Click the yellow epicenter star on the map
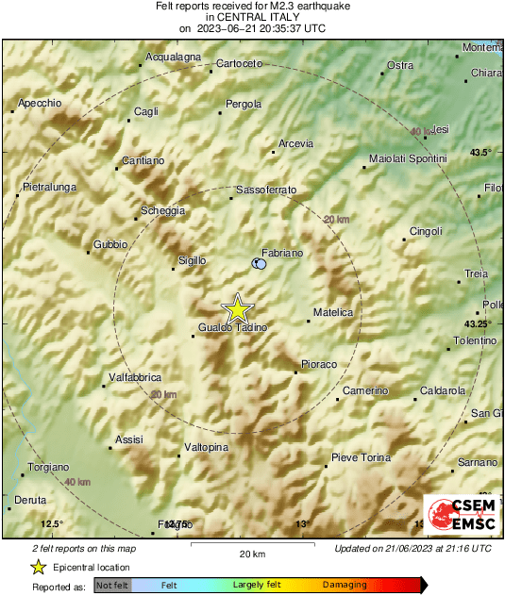(238, 308)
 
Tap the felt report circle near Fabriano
(260, 265)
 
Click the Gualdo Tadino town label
(233, 327)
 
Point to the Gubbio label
(109, 244)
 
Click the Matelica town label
(333, 312)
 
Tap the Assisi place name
(128, 439)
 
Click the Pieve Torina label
(361, 457)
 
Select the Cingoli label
(426, 231)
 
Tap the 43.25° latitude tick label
(478, 323)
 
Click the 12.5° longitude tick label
(52, 523)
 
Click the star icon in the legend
(38, 567)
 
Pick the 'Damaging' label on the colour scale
(345, 586)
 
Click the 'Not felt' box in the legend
(112, 586)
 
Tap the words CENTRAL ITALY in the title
(251, 17)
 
